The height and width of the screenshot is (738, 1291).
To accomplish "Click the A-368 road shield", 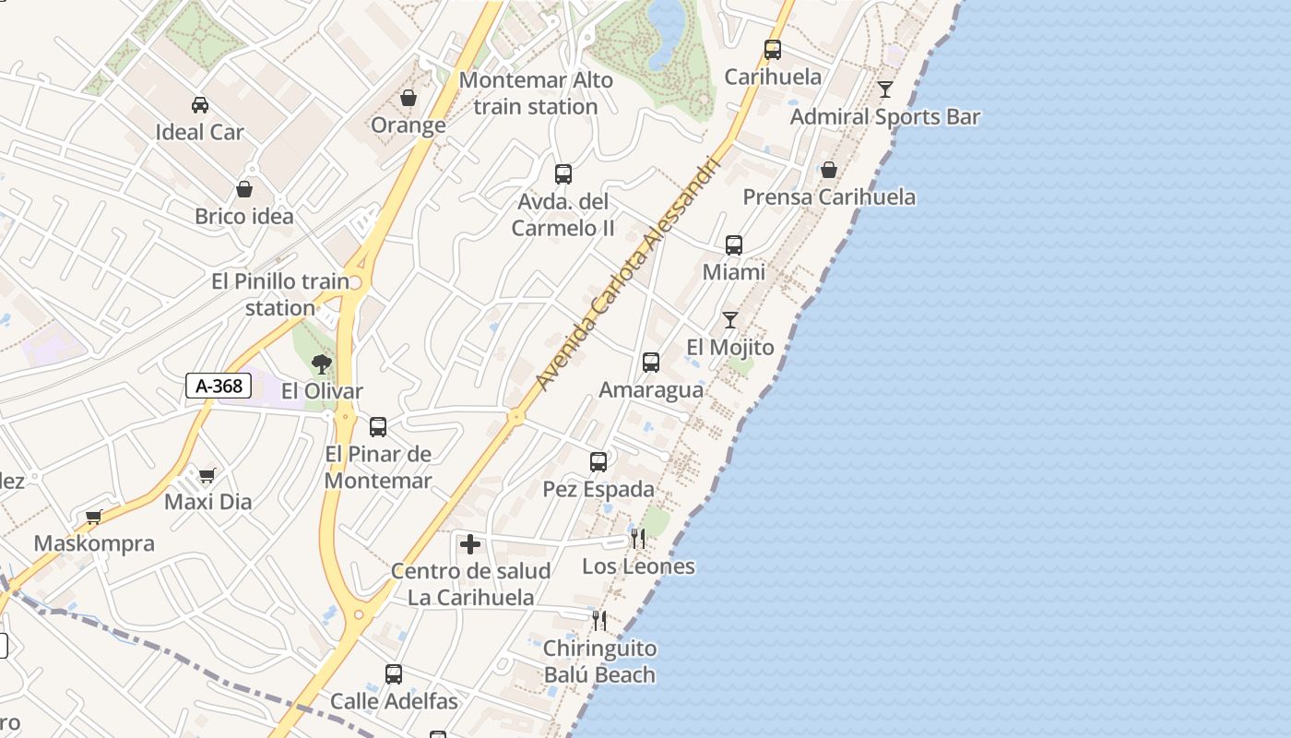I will pos(219,386).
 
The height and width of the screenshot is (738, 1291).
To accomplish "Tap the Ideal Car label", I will pos(199,132).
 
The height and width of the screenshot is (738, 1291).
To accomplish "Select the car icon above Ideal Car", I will pos(199,105).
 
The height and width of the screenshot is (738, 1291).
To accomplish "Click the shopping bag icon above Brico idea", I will pos(244,189).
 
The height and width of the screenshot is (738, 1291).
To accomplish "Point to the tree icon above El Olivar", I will pos(321,363).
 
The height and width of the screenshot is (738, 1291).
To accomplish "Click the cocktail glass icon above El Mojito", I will pos(730,320).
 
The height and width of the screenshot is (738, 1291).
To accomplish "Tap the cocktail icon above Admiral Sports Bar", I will pos(885,89).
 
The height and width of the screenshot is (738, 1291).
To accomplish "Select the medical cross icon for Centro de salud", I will pos(470,544).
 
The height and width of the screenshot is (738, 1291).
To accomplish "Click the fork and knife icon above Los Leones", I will pos(637,539).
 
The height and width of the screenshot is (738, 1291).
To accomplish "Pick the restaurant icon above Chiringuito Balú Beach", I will pos(599,620).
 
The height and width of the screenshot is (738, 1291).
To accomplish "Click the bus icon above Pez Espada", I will pos(598,461).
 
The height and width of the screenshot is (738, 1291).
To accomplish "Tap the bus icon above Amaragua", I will pos(651,363).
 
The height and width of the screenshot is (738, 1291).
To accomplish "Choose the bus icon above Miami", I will pos(734,245).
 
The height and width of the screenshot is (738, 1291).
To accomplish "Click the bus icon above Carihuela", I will pos(773,50).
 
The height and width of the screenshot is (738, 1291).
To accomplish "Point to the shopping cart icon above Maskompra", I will pos(93,518).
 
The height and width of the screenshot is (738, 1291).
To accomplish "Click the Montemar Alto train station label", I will pos(536,93).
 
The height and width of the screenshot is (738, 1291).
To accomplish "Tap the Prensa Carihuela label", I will pos(829,196).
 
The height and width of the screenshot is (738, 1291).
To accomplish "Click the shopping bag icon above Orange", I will pos(409,98).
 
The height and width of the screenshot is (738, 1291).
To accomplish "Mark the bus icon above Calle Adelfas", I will pos(394,674).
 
